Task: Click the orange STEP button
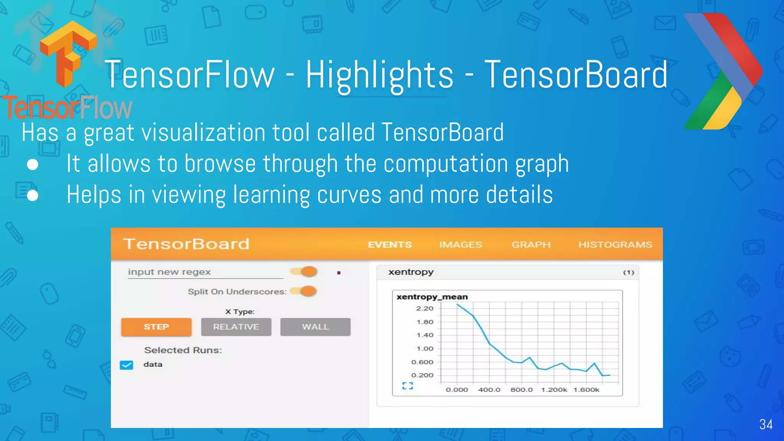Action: [156, 327]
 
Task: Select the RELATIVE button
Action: [236, 327]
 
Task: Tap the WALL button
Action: [315, 327]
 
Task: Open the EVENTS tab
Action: [390, 245]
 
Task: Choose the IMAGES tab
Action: [461, 245]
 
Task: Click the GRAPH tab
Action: [531, 245]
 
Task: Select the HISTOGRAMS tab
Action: [615, 245]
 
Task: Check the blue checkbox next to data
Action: [126, 365]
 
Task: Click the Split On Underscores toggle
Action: [304, 291]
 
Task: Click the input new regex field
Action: [205, 272]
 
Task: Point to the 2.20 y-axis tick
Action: [425, 309]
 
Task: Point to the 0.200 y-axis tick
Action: [422, 375]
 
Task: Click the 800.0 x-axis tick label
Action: [521, 390]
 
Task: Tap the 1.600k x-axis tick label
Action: [586, 390]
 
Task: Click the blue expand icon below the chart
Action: [407, 386]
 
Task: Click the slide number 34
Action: [766, 424]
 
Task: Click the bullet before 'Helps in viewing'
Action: [33, 196]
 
